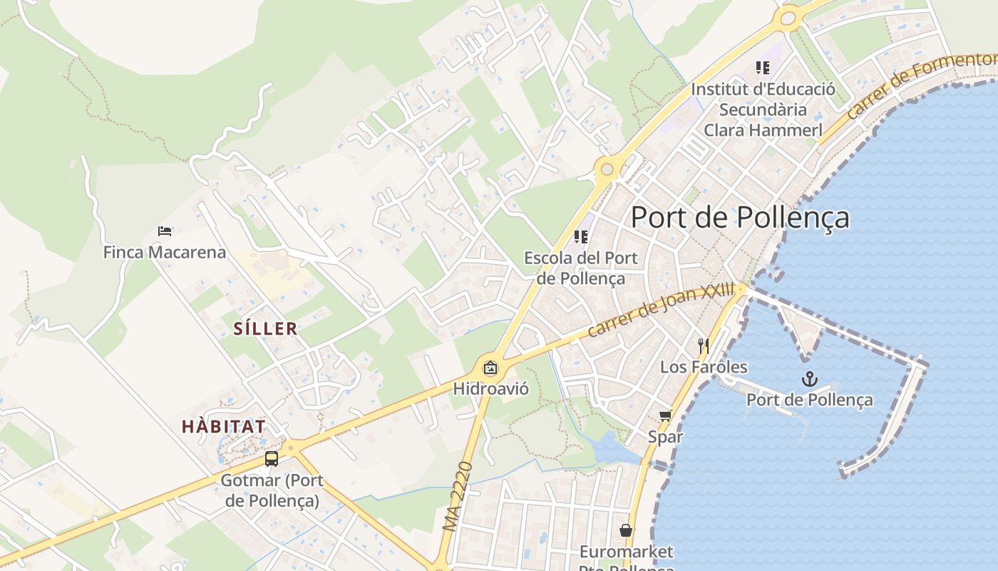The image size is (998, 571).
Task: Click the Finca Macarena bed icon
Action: tap(165, 231)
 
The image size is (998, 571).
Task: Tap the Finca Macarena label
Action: tap(165, 252)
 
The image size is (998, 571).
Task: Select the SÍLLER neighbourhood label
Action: tap(265, 329)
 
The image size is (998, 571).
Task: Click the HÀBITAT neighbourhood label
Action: tap(223, 427)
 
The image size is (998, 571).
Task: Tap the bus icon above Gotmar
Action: tap(272, 458)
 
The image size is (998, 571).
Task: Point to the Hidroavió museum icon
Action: tap(490, 368)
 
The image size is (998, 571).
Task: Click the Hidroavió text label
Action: tap(490, 389)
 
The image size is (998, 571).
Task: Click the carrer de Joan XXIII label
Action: tap(661, 310)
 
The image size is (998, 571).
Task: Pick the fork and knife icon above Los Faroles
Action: tap(703, 346)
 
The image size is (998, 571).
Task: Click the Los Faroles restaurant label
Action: tap(704, 367)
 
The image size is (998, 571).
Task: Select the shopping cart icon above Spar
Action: tap(665, 415)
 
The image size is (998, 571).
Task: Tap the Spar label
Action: tap(665, 436)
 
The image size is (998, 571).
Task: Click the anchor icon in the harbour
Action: tap(809, 378)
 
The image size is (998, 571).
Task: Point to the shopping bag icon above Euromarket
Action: tap(625, 530)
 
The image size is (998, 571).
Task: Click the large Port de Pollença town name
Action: tap(740, 217)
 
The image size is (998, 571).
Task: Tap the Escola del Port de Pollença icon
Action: tap(581, 236)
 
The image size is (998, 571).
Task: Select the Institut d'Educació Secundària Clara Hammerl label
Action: tap(763, 110)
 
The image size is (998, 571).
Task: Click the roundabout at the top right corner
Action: tap(788, 19)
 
